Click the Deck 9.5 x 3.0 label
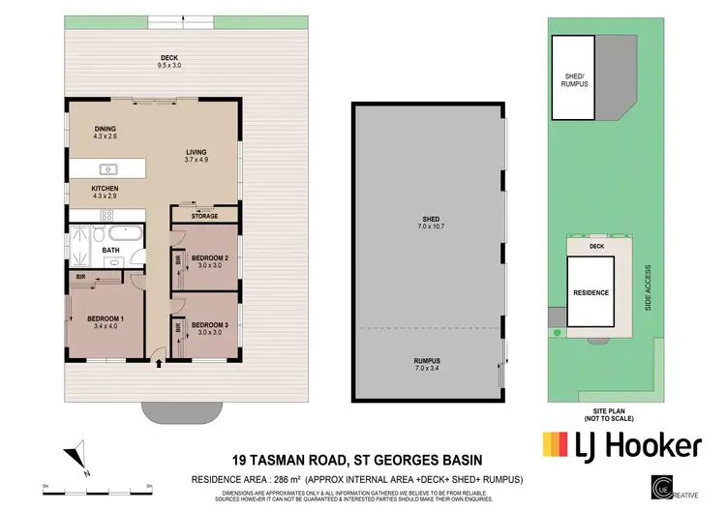[x=169, y=61]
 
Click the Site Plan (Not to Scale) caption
[x=604, y=412]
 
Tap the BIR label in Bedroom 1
[x=81, y=278]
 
